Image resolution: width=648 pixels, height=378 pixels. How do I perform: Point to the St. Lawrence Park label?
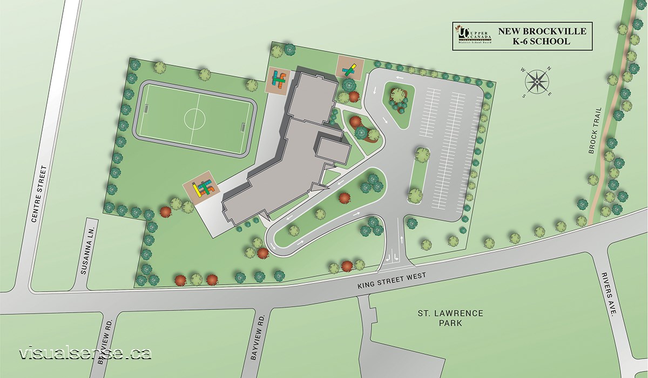point(442,318)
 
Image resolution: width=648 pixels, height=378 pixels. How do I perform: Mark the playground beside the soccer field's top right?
point(279,81)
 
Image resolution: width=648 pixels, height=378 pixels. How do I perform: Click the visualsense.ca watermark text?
point(85,354)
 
